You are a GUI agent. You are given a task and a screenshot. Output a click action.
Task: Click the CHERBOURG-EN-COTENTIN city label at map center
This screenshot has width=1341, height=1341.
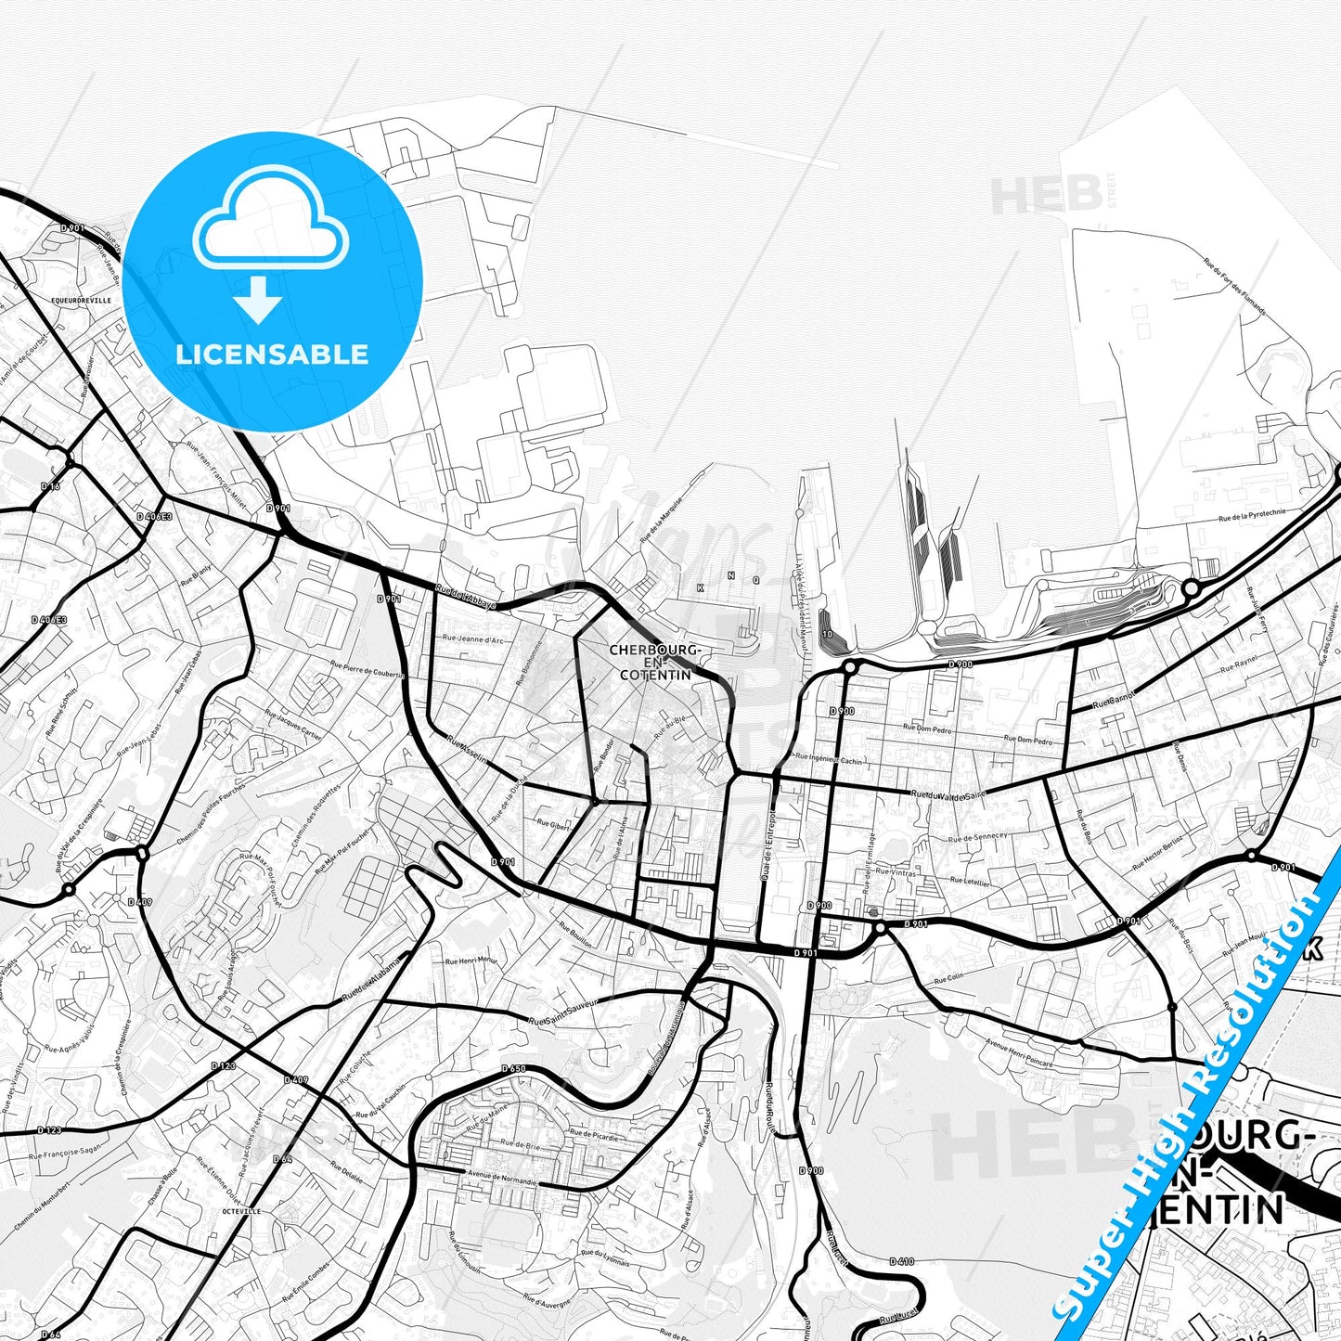(654, 662)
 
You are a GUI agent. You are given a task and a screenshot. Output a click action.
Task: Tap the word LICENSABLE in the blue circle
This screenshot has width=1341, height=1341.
(272, 354)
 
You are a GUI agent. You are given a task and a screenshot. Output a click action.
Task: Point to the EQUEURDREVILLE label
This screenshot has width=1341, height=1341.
(82, 301)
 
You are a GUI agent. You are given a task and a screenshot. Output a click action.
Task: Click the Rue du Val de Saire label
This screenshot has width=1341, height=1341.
(948, 794)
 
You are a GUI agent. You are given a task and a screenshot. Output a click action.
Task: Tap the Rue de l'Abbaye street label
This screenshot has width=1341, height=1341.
(466, 596)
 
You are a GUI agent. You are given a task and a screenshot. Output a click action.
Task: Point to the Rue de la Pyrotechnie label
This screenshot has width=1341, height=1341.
(1252, 516)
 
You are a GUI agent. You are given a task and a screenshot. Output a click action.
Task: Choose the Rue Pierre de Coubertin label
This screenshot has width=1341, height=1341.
(367, 668)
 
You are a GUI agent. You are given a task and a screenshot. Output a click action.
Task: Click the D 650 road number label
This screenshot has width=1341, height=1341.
(514, 1068)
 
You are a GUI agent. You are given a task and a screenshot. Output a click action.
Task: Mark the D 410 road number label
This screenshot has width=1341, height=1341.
(901, 1261)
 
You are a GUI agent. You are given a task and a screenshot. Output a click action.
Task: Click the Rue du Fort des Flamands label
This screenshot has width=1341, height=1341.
(1234, 286)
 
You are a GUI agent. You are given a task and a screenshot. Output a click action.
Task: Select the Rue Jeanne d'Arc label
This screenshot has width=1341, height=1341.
(473, 639)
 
